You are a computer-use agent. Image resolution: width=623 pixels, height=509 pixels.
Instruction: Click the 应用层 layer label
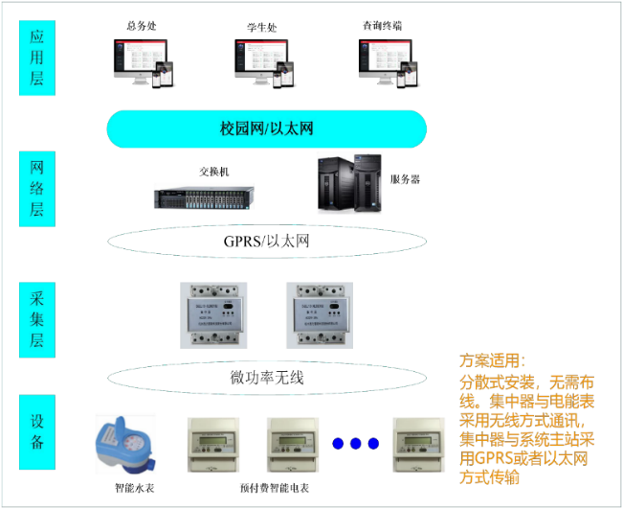pos(37,58)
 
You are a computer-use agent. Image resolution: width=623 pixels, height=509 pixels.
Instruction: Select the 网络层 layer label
pos(37,188)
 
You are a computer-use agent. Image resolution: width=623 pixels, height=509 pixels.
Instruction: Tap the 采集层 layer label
pos(37,318)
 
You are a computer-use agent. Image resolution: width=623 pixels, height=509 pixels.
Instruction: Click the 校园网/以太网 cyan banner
pos(266,128)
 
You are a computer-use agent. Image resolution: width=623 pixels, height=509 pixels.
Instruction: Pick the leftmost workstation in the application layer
pos(143,63)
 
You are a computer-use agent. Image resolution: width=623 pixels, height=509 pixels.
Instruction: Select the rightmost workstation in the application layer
pos(387,63)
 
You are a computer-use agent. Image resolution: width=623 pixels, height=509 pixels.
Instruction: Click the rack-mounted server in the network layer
pos(204,196)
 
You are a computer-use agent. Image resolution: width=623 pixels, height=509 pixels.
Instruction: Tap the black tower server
pos(349,183)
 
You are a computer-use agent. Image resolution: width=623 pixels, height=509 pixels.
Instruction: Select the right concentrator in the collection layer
pos(319,313)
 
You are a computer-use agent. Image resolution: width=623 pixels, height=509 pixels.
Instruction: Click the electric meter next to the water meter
pos(212,444)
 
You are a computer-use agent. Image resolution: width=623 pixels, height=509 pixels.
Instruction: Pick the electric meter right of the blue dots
pos(419,444)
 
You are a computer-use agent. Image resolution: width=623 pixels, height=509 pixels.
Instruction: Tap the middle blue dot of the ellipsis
pos(355,444)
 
